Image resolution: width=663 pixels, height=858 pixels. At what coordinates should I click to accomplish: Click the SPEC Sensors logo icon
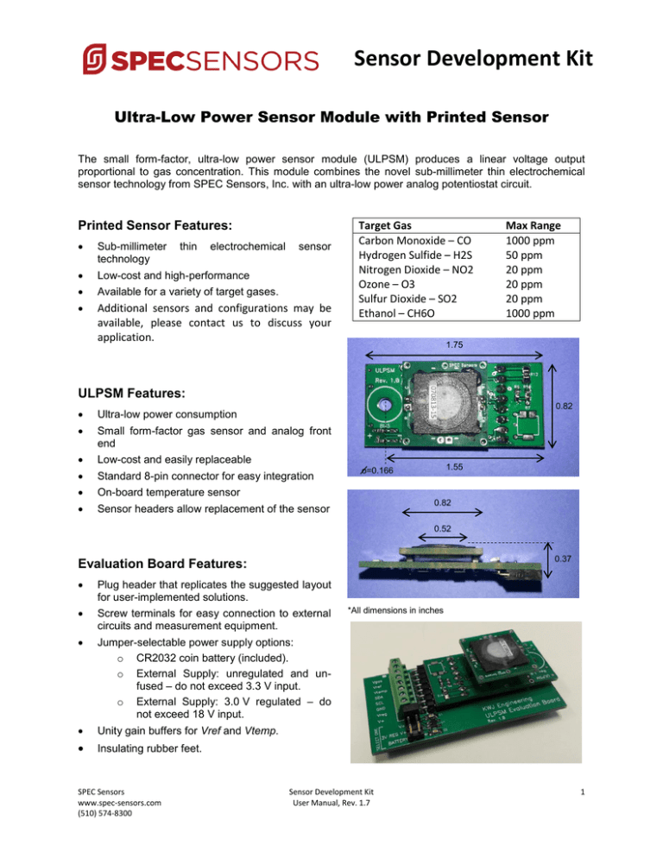tap(93, 60)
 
